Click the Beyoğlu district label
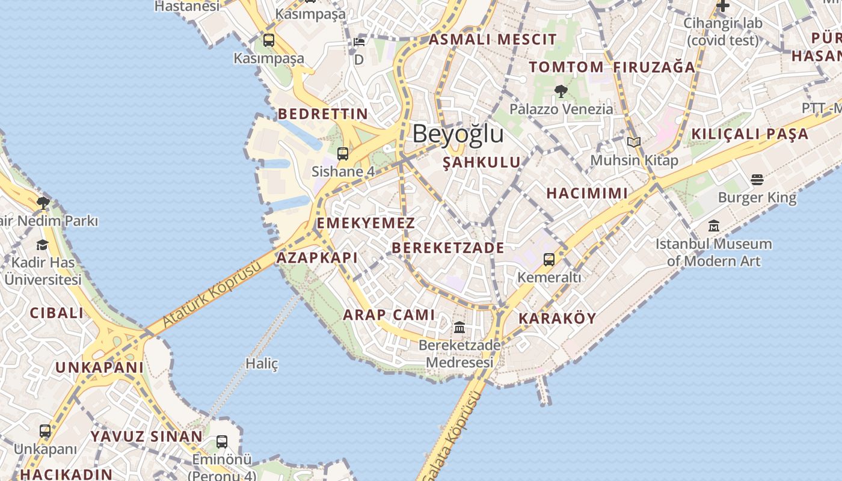pyautogui.click(x=458, y=133)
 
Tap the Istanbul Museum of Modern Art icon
pyautogui.click(x=714, y=226)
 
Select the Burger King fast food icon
pyautogui.click(x=757, y=180)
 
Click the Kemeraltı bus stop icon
pyautogui.click(x=549, y=260)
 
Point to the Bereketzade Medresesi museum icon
pyautogui.click(x=459, y=328)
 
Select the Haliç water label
pyautogui.click(x=262, y=364)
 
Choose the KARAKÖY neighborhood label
pyautogui.click(x=557, y=319)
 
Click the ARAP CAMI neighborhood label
pyautogui.click(x=389, y=314)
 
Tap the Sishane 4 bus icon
pyautogui.click(x=343, y=154)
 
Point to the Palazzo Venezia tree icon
pyautogui.click(x=561, y=91)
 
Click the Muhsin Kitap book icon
pyautogui.click(x=633, y=142)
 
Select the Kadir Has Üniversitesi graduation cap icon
pyautogui.click(x=42, y=245)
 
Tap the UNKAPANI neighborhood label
pyautogui.click(x=100, y=367)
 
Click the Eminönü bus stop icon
pyautogui.click(x=222, y=442)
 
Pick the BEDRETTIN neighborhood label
pyautogui.click(x=322, y=114)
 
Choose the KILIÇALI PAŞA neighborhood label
pyautogui.click(x=749, y=134)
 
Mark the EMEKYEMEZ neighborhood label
pyautogui.click(x=366, y=223)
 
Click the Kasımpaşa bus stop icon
pyautogui.click(x=269, y=40)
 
